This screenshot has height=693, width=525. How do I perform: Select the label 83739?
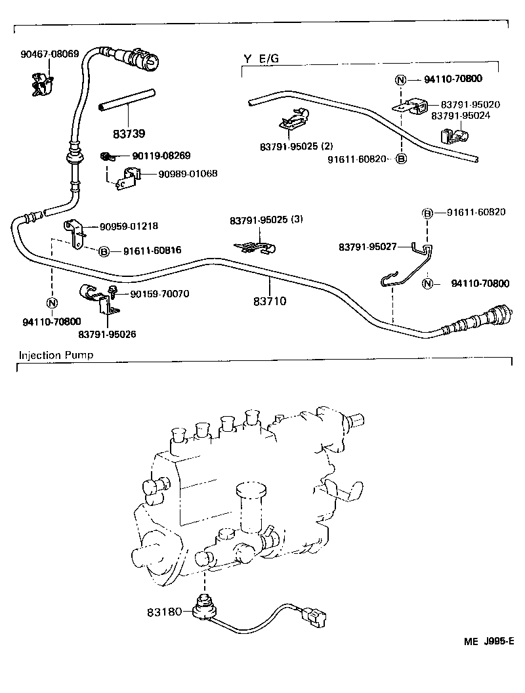click(129, 133)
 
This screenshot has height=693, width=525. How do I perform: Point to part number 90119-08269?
click(161, 156)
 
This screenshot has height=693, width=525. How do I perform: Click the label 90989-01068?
click(188, 174)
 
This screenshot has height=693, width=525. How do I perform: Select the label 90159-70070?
click(159, 293)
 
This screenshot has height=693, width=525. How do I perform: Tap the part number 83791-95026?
click(107, 334)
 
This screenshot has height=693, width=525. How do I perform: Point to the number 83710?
click(270, 302)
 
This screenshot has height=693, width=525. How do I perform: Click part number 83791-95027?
click(368, 247)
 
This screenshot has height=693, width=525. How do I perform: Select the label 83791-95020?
click(471, 104)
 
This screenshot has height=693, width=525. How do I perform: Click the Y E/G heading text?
click(261, 59)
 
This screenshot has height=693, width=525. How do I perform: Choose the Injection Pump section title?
click(56, 355)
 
